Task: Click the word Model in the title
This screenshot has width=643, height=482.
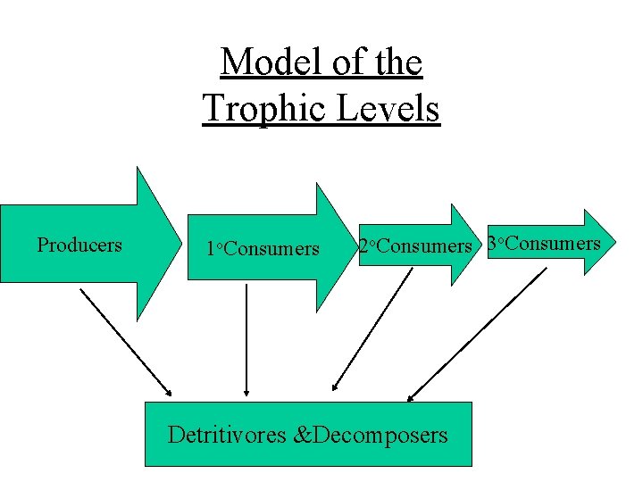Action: pos(259,62)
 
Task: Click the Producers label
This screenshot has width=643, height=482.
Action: pos(79,245)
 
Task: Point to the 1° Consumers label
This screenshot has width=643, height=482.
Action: pos(263,249)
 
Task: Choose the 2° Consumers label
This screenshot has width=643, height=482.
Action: pos(414,245)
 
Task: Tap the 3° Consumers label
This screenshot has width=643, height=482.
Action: pos(544,243)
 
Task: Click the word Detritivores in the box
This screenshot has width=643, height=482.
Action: pos(228,435)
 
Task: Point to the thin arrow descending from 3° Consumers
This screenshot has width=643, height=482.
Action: pos(478,334)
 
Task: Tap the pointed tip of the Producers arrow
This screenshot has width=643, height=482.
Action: pos(177,244)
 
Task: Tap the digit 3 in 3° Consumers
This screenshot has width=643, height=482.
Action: pos(492,243)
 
